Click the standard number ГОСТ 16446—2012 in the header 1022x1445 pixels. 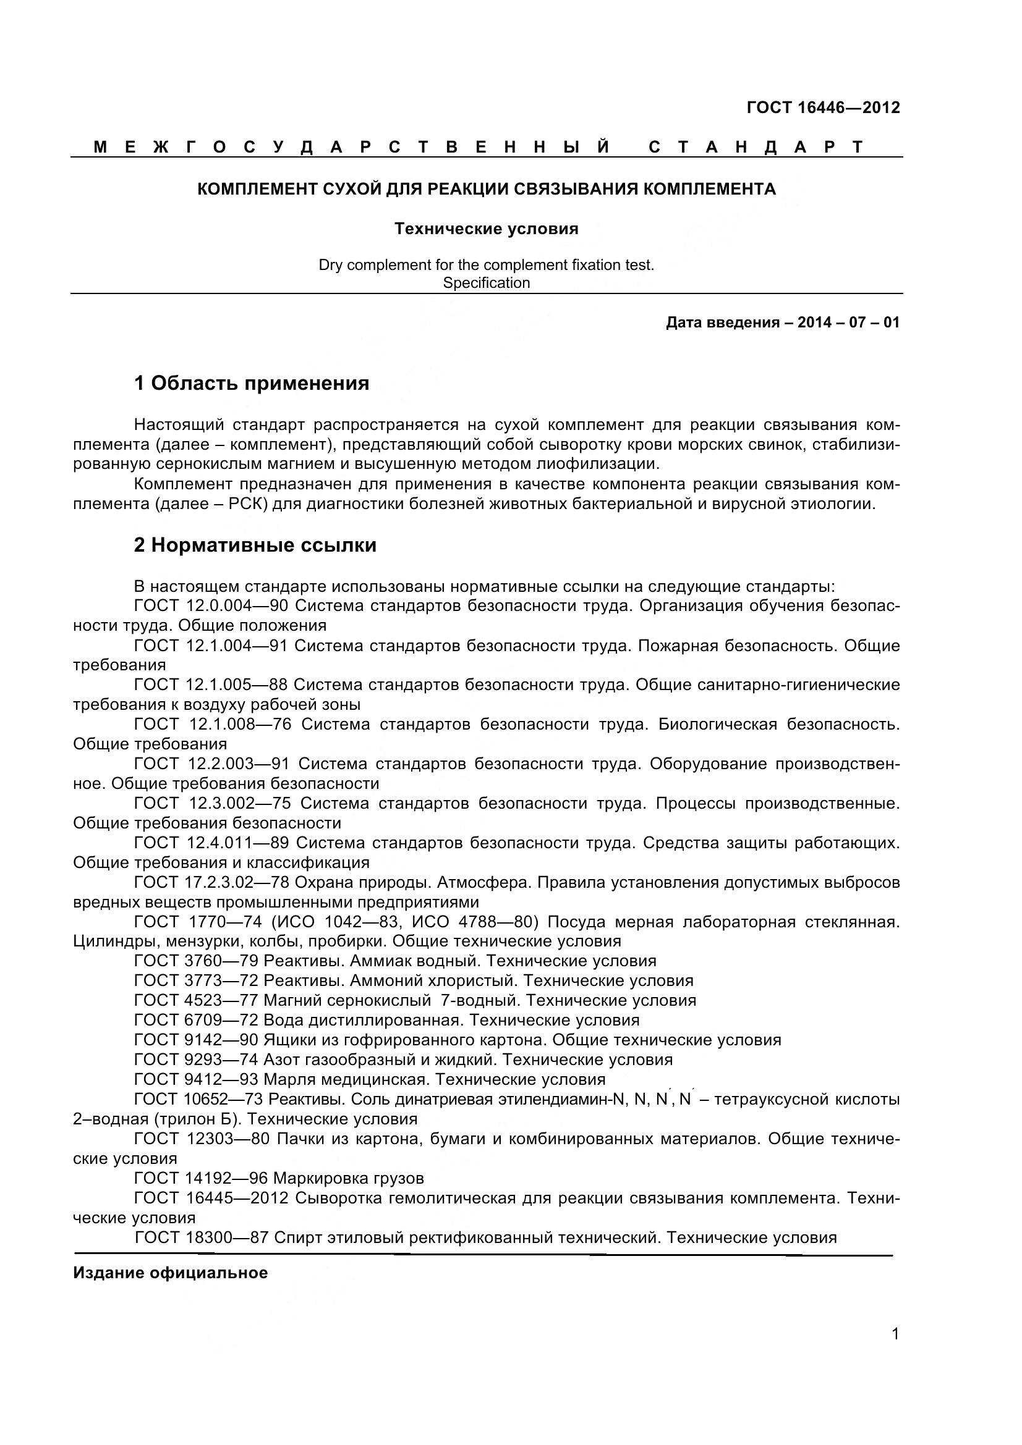[x=822, y=107]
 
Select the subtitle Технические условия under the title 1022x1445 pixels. [x=486, y=229]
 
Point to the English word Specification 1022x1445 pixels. [x=486, y=283]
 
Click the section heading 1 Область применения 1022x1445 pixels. [x=251, y=382]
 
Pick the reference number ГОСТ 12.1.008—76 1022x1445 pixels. [x=213, y=725]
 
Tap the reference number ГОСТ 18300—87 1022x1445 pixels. [x=202, y=1237]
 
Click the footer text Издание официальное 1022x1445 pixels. [x=170, y=1273]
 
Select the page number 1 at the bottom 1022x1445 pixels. [x=895, y=1351]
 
